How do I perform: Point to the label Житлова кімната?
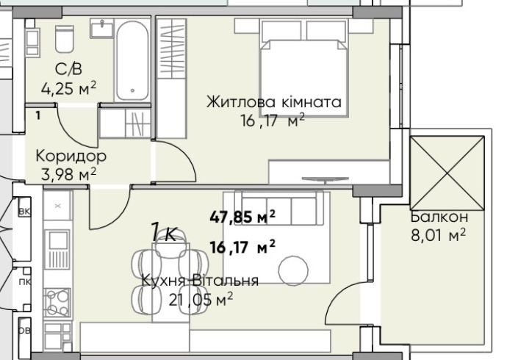coord(274,102)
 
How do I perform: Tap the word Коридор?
coord(71,156)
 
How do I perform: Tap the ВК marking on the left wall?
coord(24,212)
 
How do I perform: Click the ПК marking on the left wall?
coord(24,281)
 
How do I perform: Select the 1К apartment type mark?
coord(162,234)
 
